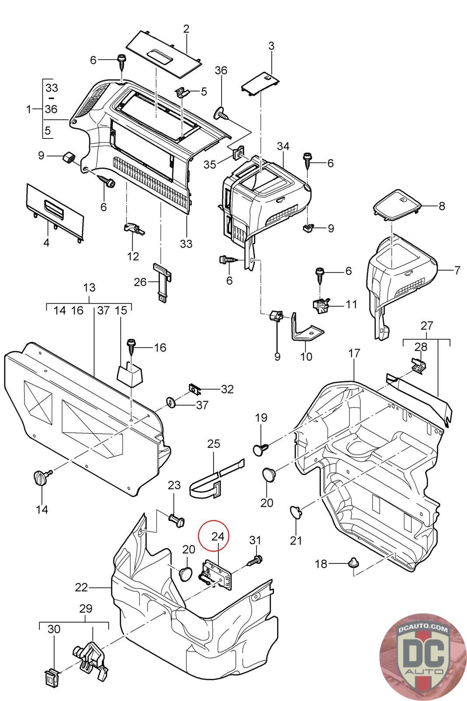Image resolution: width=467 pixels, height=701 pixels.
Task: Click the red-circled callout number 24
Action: click(218, 536)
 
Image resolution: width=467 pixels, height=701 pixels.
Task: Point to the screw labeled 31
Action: click(255, 559)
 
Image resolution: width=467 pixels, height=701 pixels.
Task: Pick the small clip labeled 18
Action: click(353, 562)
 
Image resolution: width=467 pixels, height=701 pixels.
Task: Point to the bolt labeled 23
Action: click(176, 521)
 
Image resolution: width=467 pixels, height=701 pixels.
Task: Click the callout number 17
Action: click(354, 353)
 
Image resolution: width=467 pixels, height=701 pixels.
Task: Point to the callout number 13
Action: click(89, 288)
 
